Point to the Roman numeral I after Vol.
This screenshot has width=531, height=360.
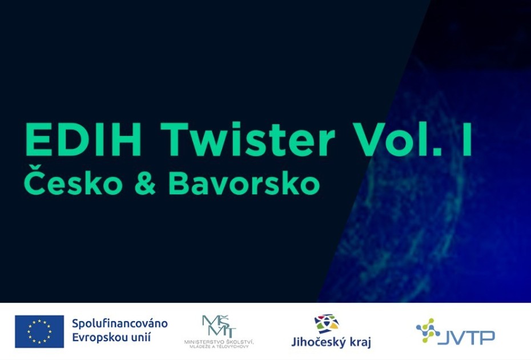point(467,141)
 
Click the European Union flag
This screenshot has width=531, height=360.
point(39,331)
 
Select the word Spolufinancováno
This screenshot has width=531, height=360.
point(119,323)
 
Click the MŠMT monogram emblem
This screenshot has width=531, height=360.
point(219,326)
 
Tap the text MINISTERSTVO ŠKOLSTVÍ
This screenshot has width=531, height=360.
point(219,342)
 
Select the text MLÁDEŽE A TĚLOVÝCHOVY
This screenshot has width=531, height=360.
point(219,347)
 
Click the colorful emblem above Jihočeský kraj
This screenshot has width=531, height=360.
point(327,324)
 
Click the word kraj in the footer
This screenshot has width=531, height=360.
point(359,343)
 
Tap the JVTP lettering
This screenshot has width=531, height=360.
point(468,337)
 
